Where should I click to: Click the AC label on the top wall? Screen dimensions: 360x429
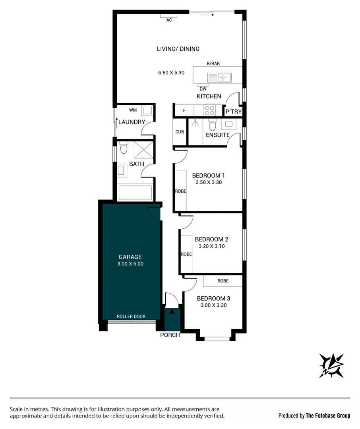coord(169,20)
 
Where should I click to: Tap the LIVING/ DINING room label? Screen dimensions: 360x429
coord(178,49)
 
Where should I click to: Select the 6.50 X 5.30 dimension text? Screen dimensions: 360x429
coord(171,73)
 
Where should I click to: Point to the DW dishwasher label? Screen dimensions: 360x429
coord(203,89)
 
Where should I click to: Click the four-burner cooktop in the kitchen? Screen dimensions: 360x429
coord(210,110)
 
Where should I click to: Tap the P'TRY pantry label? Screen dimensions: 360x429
coord(234,112)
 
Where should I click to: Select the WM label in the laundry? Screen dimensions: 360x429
coord(133,110)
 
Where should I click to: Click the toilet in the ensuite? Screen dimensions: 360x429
coord(212,125)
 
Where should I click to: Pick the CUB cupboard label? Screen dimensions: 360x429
coord(180,132)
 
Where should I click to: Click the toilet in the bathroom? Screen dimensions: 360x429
coord(124,148)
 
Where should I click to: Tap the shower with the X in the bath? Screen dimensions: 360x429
coord(144,150)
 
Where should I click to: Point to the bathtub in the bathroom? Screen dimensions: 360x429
coord(135,193)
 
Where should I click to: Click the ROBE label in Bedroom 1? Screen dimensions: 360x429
coord(181,191)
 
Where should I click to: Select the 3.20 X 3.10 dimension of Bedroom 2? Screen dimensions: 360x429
coord(212,246)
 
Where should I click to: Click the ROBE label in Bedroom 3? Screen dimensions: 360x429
coord(223,281)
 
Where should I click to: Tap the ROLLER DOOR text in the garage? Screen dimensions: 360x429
coord(131,317)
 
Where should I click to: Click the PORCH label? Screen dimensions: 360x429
coord(170,335)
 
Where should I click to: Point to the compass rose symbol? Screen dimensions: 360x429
coord(331,366)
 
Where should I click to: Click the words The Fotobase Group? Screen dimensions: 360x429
coord(328,415)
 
